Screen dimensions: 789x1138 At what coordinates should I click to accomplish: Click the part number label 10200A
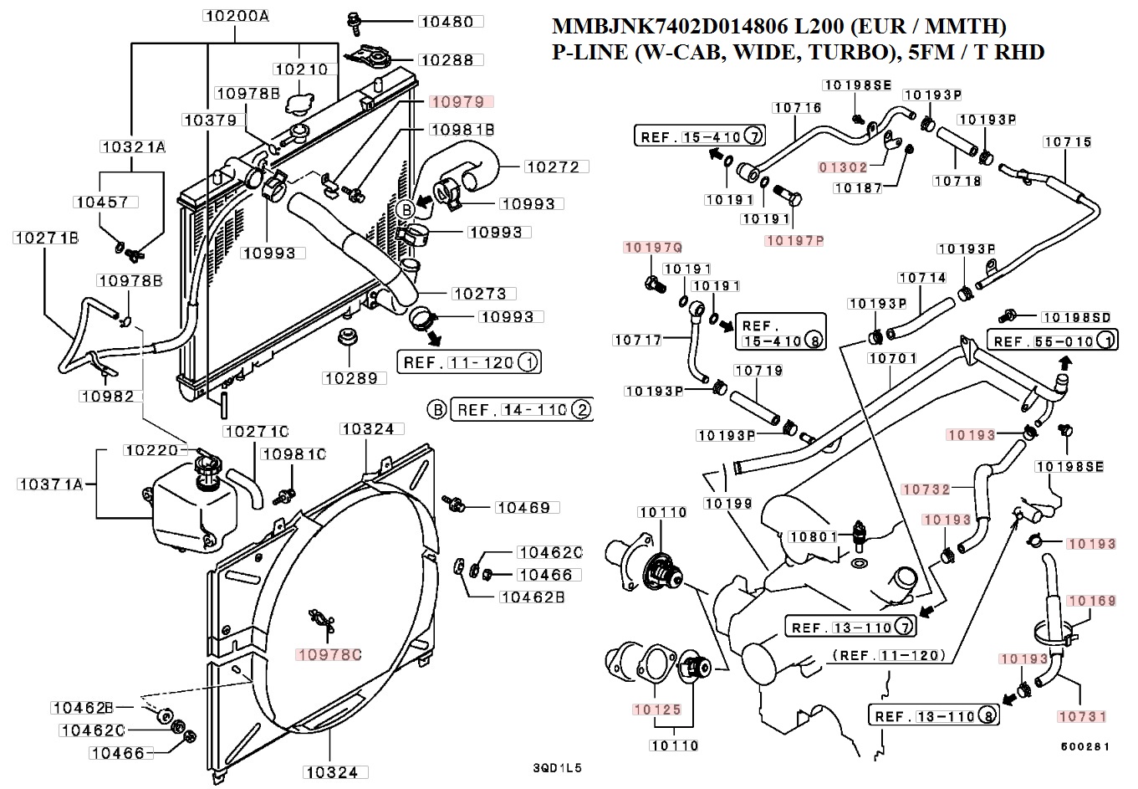(235, 15)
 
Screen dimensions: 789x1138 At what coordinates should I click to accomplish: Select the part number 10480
(447, 22)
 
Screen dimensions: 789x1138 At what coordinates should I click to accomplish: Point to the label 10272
(552, 167)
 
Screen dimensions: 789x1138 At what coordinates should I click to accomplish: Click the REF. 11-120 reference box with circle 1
(468, 363)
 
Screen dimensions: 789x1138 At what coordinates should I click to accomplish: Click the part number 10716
(797, 108)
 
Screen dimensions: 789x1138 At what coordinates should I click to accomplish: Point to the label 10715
(1068, 142)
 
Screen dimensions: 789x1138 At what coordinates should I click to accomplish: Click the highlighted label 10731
(1081, 716)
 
